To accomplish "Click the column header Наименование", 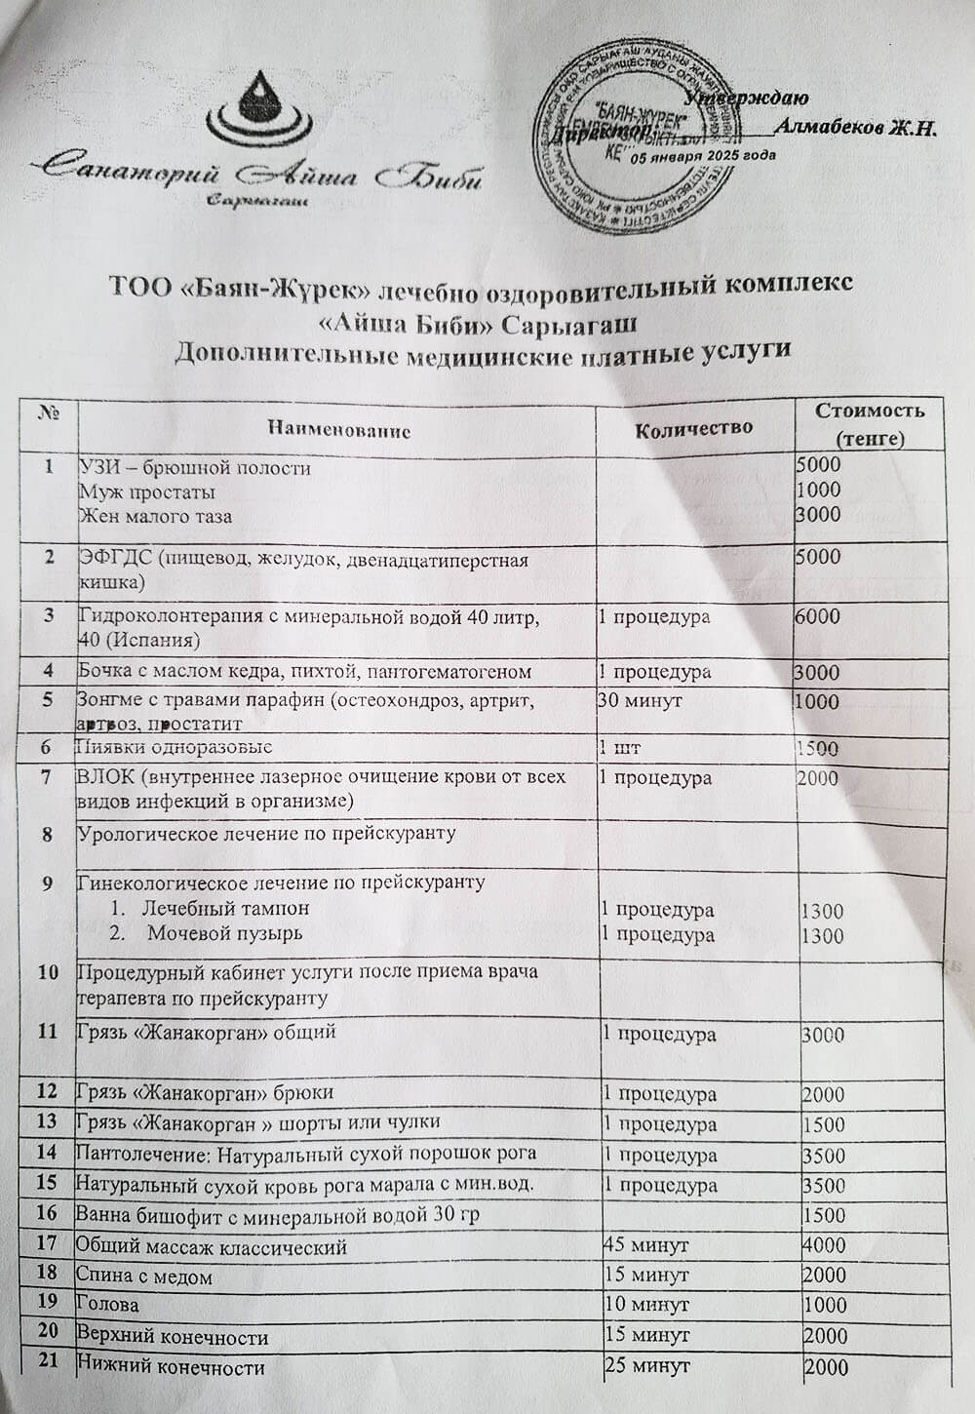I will pos(338,429).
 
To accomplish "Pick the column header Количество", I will pos(693,427).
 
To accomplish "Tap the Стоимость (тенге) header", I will pos(870,423).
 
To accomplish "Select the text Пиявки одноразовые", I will pos(175,747).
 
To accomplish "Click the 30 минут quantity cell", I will pos(641,700).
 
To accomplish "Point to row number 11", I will pos(48,1032).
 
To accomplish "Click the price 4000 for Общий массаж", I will pos(824,1245).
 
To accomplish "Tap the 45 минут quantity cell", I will pos(646,1245).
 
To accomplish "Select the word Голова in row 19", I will pos(108,1304).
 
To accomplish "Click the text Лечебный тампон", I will pos(226,908).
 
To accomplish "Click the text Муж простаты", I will pos(147,491).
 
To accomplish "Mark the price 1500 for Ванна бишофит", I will pos(824,1215).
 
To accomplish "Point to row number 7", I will pos(47,778).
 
